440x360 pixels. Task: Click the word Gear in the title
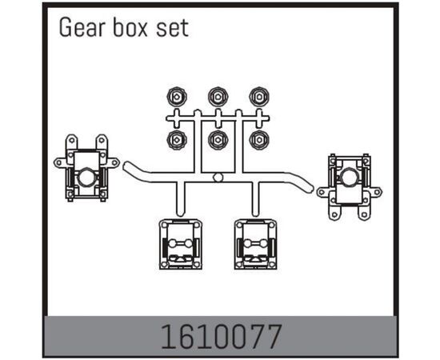[82, 27]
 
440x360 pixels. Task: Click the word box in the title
[130, 27]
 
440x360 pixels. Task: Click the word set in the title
[172, 29]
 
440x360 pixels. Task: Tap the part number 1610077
[221, 337]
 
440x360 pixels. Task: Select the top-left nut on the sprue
[177, 97]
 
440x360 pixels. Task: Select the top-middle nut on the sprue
[218, 97]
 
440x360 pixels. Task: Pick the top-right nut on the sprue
[259, 97]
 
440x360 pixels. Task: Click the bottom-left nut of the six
[177, 139]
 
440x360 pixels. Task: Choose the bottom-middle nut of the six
[218, 139]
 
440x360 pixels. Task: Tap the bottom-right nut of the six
[259, 139]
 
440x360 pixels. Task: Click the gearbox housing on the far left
[86, 168]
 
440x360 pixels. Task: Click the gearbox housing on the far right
[350, 187]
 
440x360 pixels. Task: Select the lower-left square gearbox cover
[181, 244]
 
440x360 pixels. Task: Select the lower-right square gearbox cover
[256, 244]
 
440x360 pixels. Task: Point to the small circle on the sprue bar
[218, 178]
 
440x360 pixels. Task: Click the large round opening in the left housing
[86, 178]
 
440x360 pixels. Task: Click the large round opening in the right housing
[348, 177]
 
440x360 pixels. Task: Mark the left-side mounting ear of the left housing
[60, 162]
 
